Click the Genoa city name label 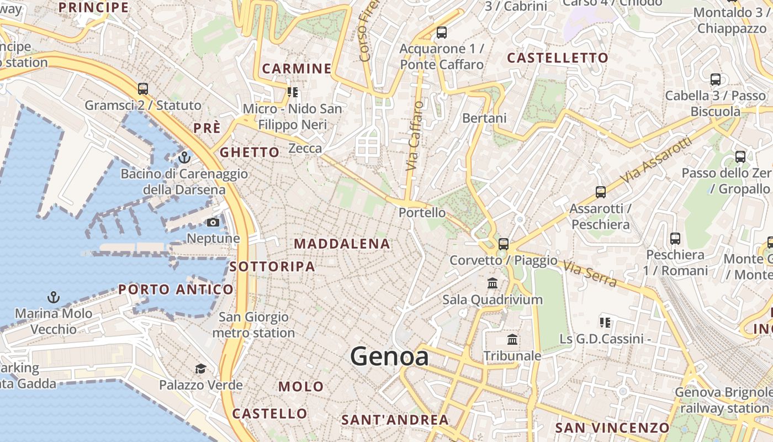click(389, 356)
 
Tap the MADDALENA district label click(342, 244)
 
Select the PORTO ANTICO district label click(176, 290)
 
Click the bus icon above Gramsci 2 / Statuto click(143, 88)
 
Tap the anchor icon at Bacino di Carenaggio click(184, 157)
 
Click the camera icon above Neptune click(213, 222)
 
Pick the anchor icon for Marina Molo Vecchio click(54, 297)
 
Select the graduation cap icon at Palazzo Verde click(200, 369)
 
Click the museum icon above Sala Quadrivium click(493, 283)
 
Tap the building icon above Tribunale click(512, 339)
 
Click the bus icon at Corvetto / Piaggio click(504, 244)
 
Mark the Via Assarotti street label click(656, 161)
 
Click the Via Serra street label click(589, 274)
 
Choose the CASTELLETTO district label click(558, 58)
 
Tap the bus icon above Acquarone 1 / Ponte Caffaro click(442, 33)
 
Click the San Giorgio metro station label click(253, 325)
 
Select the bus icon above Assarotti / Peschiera click(601, 192)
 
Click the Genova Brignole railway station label click(724, 401)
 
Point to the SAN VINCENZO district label click(612, 428)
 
